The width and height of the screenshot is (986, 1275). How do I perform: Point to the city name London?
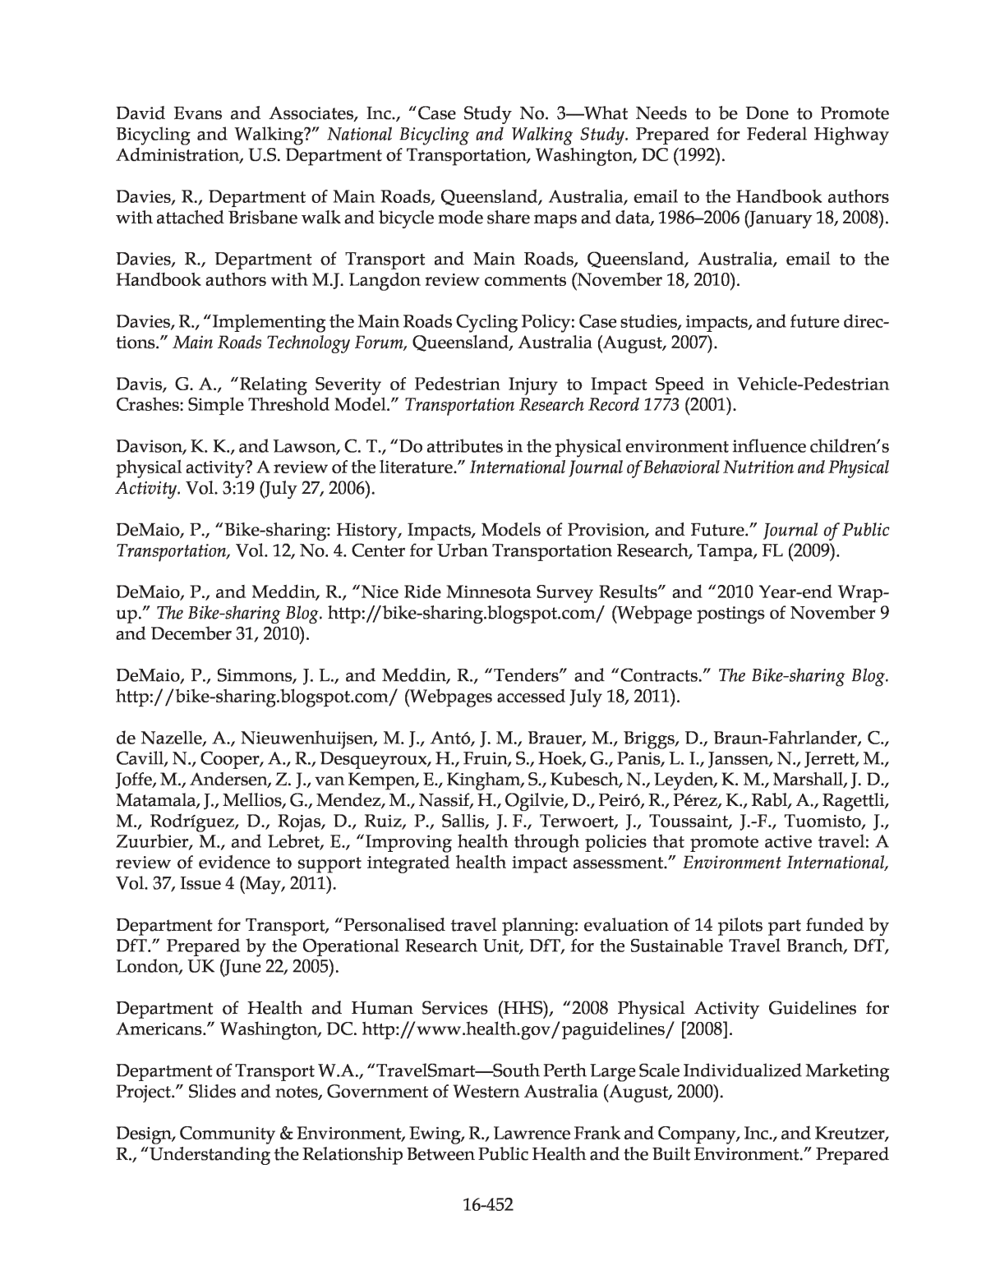[143, 970]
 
